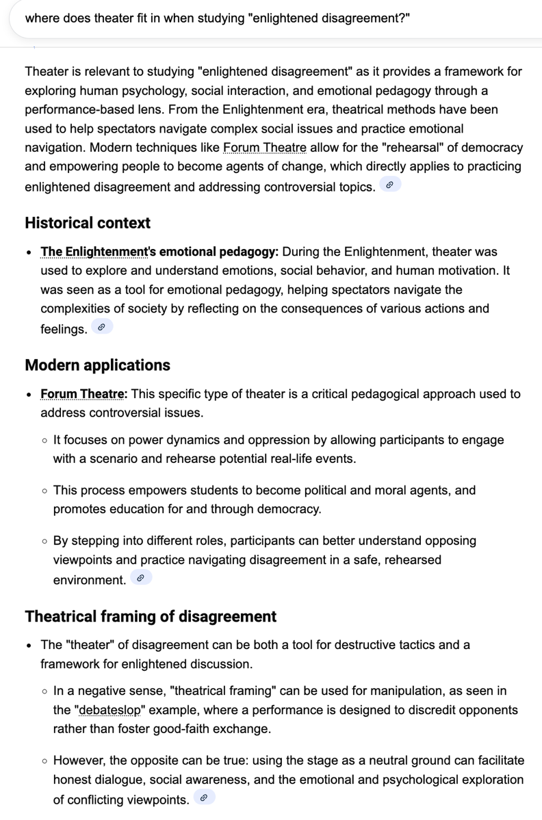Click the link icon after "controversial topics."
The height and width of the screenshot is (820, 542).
389,185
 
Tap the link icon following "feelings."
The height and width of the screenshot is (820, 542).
101,328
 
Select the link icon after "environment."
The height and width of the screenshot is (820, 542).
140,578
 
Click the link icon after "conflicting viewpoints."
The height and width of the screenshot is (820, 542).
203,797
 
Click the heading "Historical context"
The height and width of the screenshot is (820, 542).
88,223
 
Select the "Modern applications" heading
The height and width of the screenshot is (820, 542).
97,365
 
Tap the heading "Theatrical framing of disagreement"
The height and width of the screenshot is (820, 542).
151,616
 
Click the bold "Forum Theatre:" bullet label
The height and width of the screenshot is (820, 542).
85,394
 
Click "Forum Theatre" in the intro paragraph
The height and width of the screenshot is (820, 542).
265,148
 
